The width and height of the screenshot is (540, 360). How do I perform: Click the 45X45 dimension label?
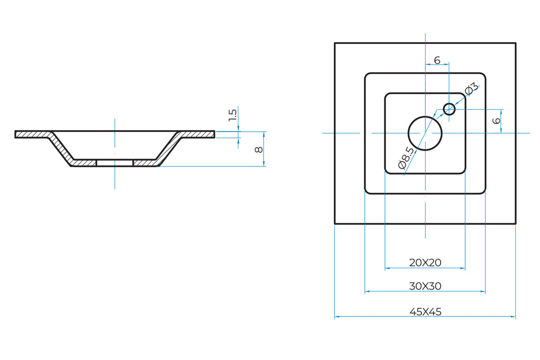[425, 312]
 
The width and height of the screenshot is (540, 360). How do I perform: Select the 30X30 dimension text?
[425, 286]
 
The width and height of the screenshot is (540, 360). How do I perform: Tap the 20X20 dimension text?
[425, 262]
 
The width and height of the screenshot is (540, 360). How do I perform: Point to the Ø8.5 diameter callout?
[407, 158]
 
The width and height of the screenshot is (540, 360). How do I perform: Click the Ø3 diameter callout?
[471, 88]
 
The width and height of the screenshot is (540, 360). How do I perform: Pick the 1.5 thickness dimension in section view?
[233, 114]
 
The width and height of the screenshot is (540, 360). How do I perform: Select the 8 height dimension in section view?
[258, 149]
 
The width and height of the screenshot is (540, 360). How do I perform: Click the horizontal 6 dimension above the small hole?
[437, 61]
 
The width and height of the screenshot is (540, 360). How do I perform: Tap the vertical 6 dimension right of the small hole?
[496, 121]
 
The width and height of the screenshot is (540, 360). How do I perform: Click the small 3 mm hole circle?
[449, 109]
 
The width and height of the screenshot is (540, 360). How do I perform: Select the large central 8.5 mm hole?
[425, 133]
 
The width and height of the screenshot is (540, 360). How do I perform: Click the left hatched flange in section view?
[32, 134]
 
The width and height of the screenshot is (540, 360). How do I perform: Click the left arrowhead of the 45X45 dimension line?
[337, 317]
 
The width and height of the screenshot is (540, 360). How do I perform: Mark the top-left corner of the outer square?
[335, 43]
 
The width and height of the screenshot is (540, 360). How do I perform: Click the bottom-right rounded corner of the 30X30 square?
[483, 192]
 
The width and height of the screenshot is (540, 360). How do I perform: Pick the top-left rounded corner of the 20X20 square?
[387, 95]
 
